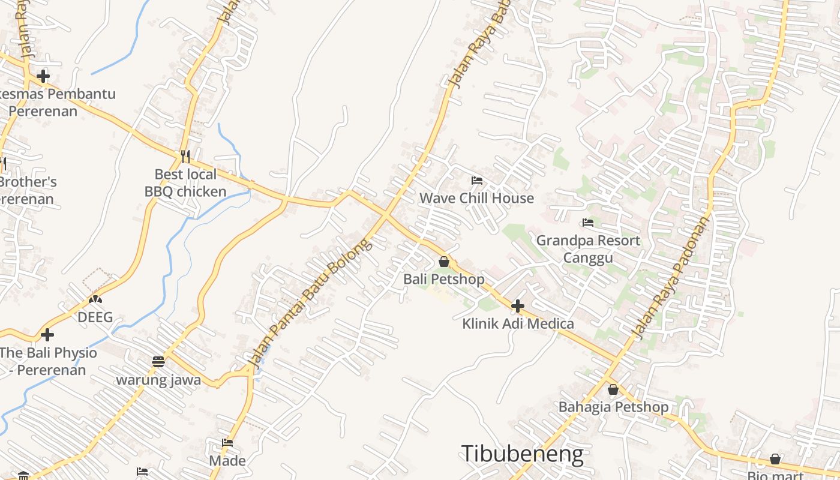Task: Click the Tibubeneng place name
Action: coord(522,454)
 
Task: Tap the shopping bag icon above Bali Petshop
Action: coord(444,262)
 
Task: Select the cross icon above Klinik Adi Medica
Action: coord(517,306)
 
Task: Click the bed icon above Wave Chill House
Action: coord(477,180)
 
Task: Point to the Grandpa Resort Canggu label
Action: coord(588,249)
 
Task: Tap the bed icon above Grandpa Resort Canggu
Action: coord(588,223)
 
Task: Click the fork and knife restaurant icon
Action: coord(185,157)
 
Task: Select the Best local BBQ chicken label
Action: coord(185,183)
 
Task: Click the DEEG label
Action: coord(95,317)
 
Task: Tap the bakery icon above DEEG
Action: coord(95,299)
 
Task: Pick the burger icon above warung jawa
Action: coord(158,362)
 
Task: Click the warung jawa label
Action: coord(158,380)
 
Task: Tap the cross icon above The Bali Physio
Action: coord(47,335)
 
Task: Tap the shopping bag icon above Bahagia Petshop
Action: coord(613,389)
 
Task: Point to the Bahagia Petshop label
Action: coord(613,407)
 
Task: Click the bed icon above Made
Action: coord(227,443)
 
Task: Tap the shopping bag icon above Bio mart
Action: coord(775,459)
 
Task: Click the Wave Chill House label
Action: coord(476,198)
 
